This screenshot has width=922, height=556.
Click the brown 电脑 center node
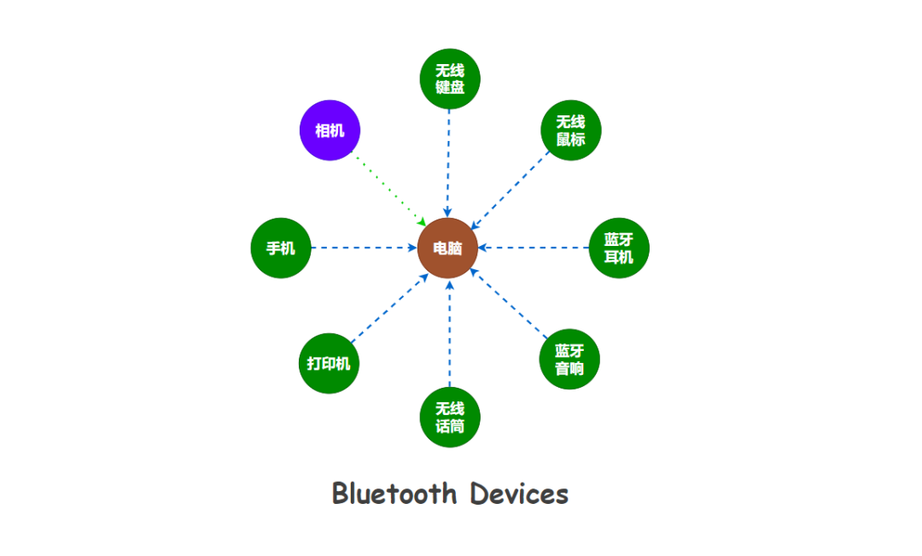448,249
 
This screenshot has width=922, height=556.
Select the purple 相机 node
330,131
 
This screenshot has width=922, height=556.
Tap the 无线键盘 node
450,79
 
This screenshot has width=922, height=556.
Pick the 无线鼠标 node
571,131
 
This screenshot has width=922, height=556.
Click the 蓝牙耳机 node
619,249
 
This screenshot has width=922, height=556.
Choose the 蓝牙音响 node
569,360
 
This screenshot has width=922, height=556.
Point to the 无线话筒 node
450,417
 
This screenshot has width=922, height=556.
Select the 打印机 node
329,364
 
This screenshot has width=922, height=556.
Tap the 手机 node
281,249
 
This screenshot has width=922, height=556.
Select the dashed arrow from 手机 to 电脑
363,249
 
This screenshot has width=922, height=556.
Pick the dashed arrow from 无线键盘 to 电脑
449,162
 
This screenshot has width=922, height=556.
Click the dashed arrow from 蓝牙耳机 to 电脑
534,249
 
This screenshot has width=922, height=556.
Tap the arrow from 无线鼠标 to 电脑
511,190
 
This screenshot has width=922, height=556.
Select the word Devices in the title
519,494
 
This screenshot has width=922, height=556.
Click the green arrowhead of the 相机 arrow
423,222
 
